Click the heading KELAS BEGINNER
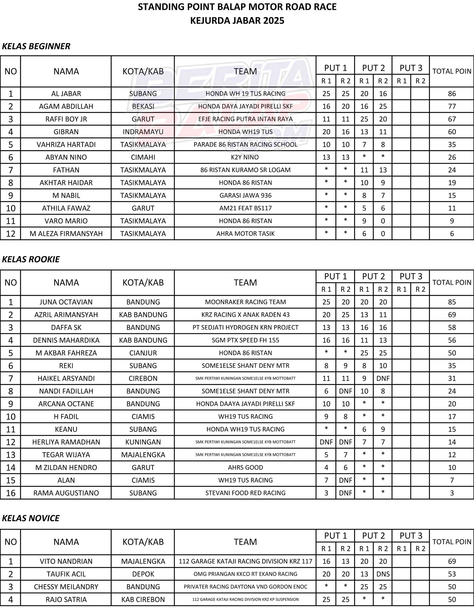[36, 46]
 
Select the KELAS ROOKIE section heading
[31, 259]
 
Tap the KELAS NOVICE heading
[31, 518]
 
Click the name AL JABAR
[66, 94]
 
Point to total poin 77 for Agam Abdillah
[452, 106]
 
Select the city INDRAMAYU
[143, 132]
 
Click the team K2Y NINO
[245, 157]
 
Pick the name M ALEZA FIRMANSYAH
[66, 234]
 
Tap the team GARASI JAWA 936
[245, 195]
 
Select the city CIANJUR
[143, 353]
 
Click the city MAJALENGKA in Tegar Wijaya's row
[143, 455]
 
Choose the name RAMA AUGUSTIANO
[66, 493]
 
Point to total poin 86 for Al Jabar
[452, 94]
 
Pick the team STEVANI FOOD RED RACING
[245, 493]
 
